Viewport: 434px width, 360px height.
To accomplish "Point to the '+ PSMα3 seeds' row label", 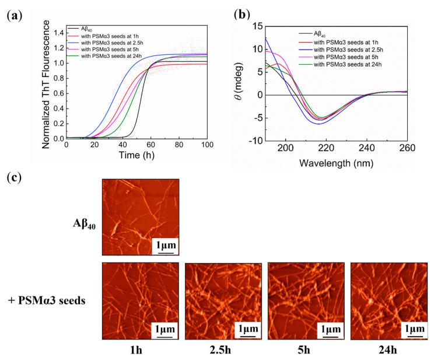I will click(x=45, y=300).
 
